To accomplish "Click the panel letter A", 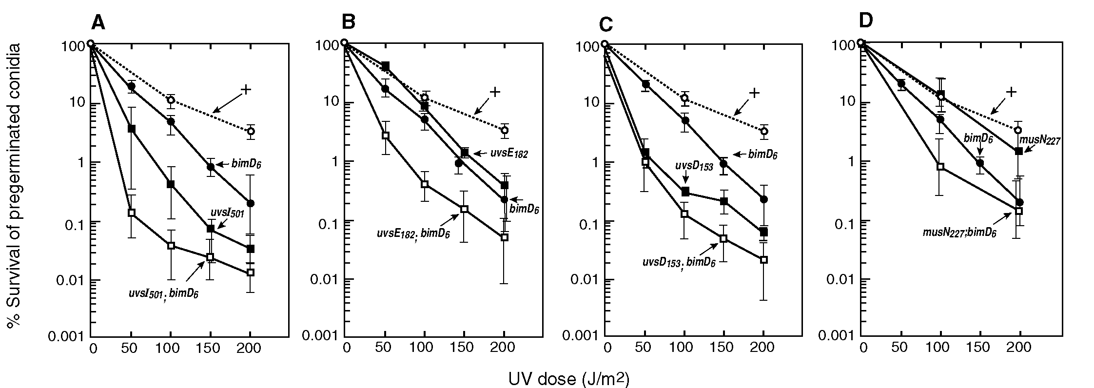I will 98,22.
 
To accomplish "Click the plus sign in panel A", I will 246,89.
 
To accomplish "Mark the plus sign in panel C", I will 754,93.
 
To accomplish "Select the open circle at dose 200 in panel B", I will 505,130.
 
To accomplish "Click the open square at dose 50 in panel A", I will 131,213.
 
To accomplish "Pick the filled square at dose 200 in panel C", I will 764,232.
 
